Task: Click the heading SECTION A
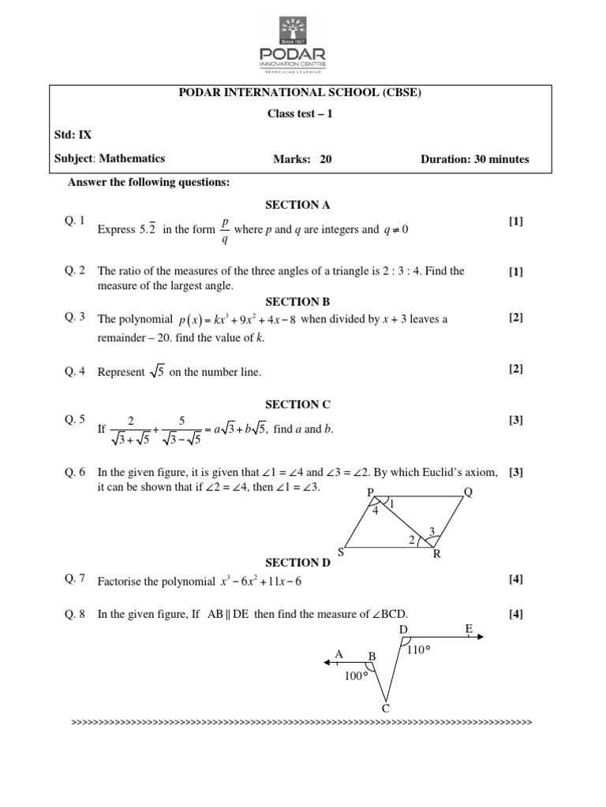(x=297, y=205)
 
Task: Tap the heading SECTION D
(x=297, y=563)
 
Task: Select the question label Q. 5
(x=76, y=420)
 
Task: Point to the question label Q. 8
(x=76, y=615)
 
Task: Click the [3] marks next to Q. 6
(x=516, y=473)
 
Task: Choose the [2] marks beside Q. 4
(x=516, y=369)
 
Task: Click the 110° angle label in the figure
(x=418, y=650)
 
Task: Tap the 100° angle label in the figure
(x=357, y=676)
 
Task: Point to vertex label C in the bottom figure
(x=386, y=708)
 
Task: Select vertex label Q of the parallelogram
(x=468, y=493)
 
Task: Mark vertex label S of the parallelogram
(x=341, y=552)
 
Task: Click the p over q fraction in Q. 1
(x=224, y=229)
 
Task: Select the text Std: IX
(x=73, y=134)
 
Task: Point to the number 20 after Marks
(x=326, y=159)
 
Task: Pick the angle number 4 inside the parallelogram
(x=375, y=510)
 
